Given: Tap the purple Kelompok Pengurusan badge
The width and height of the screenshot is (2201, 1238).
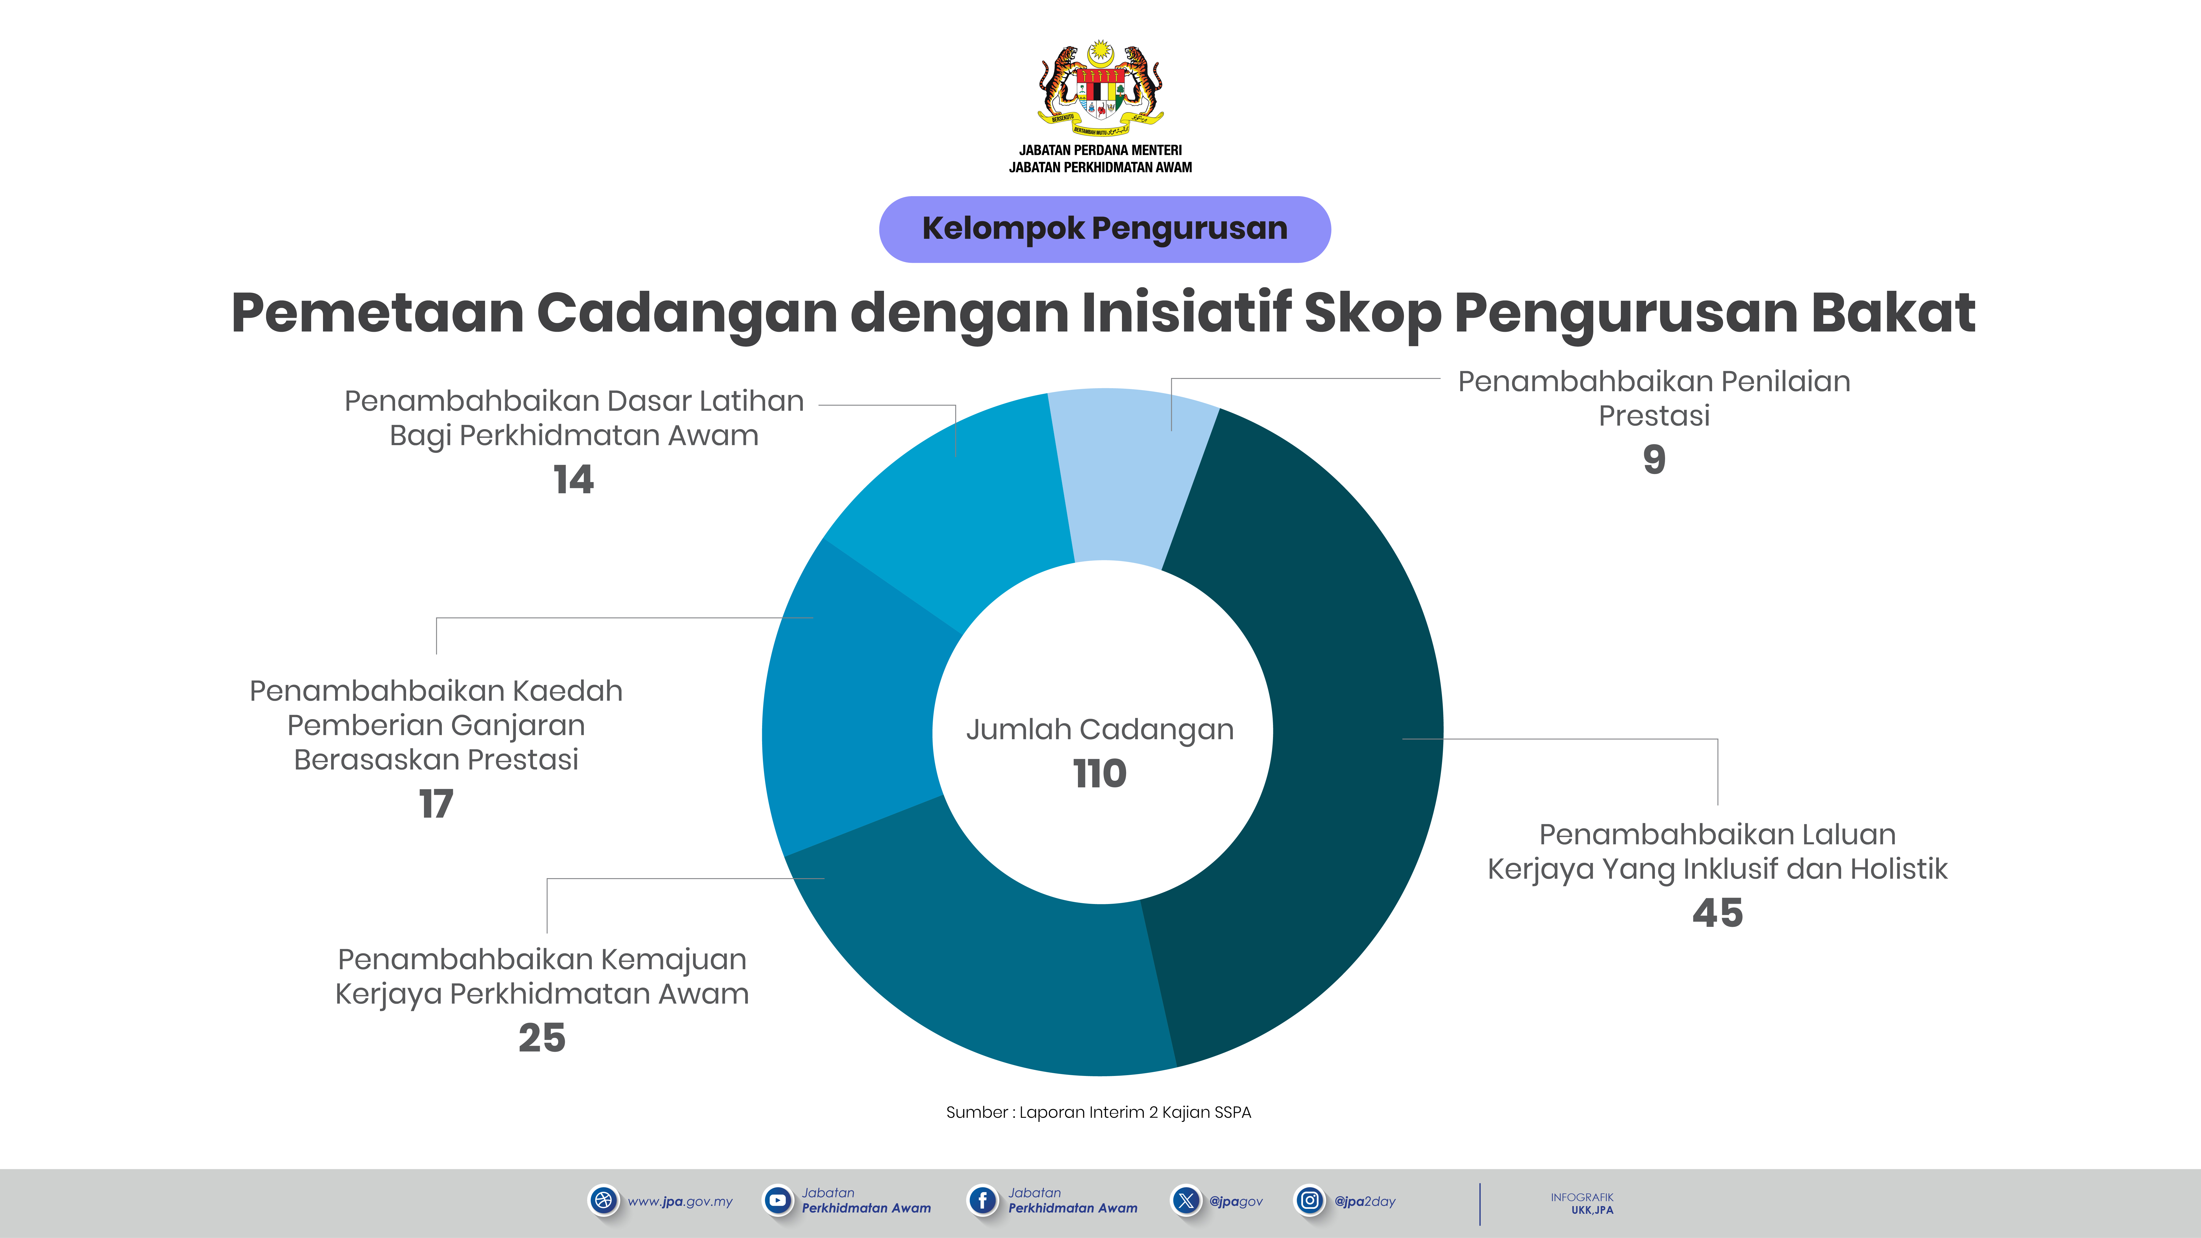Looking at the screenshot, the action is pyautogui.click(x=1105, y=229).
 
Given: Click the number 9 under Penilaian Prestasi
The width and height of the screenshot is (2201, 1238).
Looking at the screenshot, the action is pyautogui.click(x=1654, y=460).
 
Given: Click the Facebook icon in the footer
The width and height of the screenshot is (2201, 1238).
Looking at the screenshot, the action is pyautogui.click(x=982, y=1200).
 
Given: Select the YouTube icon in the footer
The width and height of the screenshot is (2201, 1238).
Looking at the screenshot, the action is pyautogui.click(x=777, y=1200).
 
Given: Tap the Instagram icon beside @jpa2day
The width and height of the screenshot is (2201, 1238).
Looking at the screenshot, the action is pyautogui.click(x=1309, y=1200).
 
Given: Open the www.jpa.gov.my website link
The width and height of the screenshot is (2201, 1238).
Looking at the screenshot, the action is pyautogui.click(x=680, y=1201).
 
